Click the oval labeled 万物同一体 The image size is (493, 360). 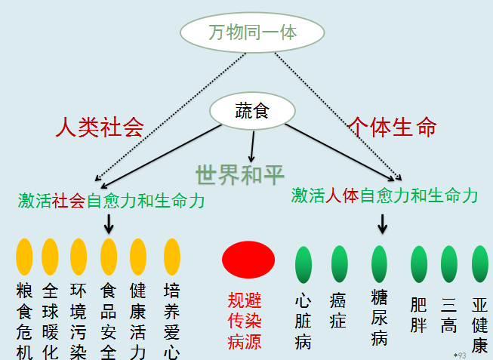tap(252, 32)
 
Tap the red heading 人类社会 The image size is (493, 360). tap(100, 127)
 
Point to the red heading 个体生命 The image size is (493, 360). tap(393, 127)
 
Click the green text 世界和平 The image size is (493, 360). tap(240, 174)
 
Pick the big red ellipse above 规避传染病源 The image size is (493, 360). tap(248, 259)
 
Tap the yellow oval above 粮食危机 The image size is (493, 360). tap(25, 257)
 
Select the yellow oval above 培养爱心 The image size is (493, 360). tap(172, 257)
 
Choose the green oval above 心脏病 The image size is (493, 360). tap(304, 263)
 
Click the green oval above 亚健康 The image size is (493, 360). tap(479, 263)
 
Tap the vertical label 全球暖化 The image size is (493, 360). tap(50, 321)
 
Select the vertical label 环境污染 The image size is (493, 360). tap(78, 321)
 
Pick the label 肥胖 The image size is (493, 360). tap(419, 315)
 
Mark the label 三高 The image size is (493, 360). tap(449, 315)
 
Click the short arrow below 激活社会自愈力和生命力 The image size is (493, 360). tap(109, 222)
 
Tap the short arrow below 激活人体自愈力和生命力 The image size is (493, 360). tap(383, 223)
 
